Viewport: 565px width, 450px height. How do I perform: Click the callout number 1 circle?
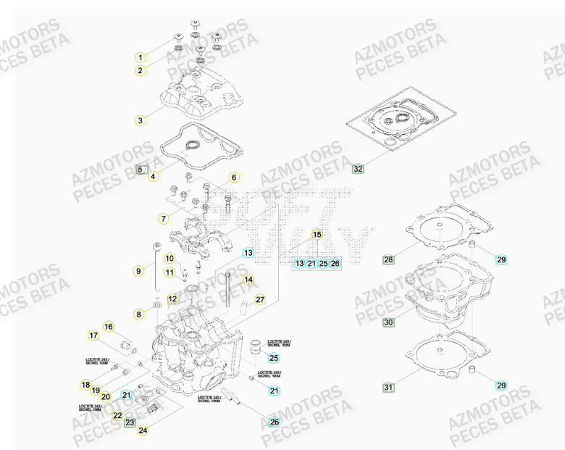coord(141,57)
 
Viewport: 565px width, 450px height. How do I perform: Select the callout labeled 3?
coord(141,120)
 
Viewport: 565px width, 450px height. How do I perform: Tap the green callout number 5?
coord(141,170)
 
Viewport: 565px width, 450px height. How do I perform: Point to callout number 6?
coord(234,178)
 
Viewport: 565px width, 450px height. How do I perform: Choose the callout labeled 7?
coord(164,218)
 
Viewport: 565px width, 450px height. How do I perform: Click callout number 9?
coord(138,271)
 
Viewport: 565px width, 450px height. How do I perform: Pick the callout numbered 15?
coord(317,234)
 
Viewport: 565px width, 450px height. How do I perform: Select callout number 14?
coord(248,280)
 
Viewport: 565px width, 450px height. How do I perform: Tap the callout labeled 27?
coord(260,299)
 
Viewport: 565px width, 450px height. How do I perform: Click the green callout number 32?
coord(358,169)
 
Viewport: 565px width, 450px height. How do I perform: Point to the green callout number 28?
coord(388,259)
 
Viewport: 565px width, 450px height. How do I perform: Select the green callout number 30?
coord(388,322)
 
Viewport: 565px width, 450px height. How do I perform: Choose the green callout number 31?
coord(388,388)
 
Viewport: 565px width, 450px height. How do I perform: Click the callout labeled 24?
coord(143,430)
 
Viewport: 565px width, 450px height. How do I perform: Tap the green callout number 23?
coord(130,422)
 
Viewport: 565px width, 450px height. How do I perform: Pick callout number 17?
coord(93,335)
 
